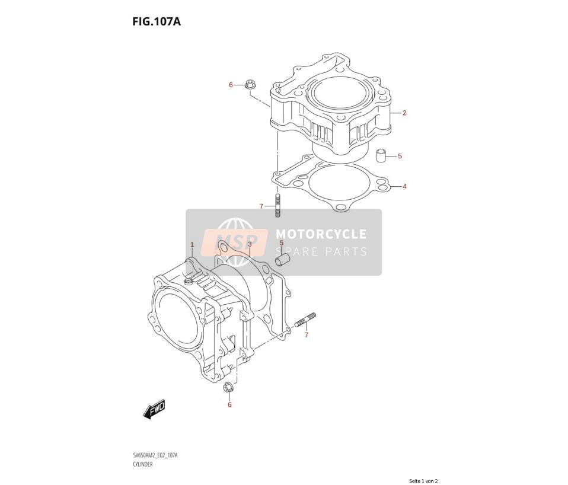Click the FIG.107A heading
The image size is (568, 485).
(x=156, y=22)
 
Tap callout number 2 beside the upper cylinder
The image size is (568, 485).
(x=404, y=113)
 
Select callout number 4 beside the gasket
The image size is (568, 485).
(x=404, y=187)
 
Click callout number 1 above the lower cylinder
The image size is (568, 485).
(x=192, y=245)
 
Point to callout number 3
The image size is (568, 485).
(x=250, y=244)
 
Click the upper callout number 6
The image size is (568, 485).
(x=231, y=85)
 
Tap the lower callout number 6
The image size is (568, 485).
(x=229, y=404)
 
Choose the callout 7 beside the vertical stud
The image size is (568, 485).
(x=261, y=206)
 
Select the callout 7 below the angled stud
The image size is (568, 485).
(x=307, y=334)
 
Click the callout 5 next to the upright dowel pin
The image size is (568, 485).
(x=400, y=156)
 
